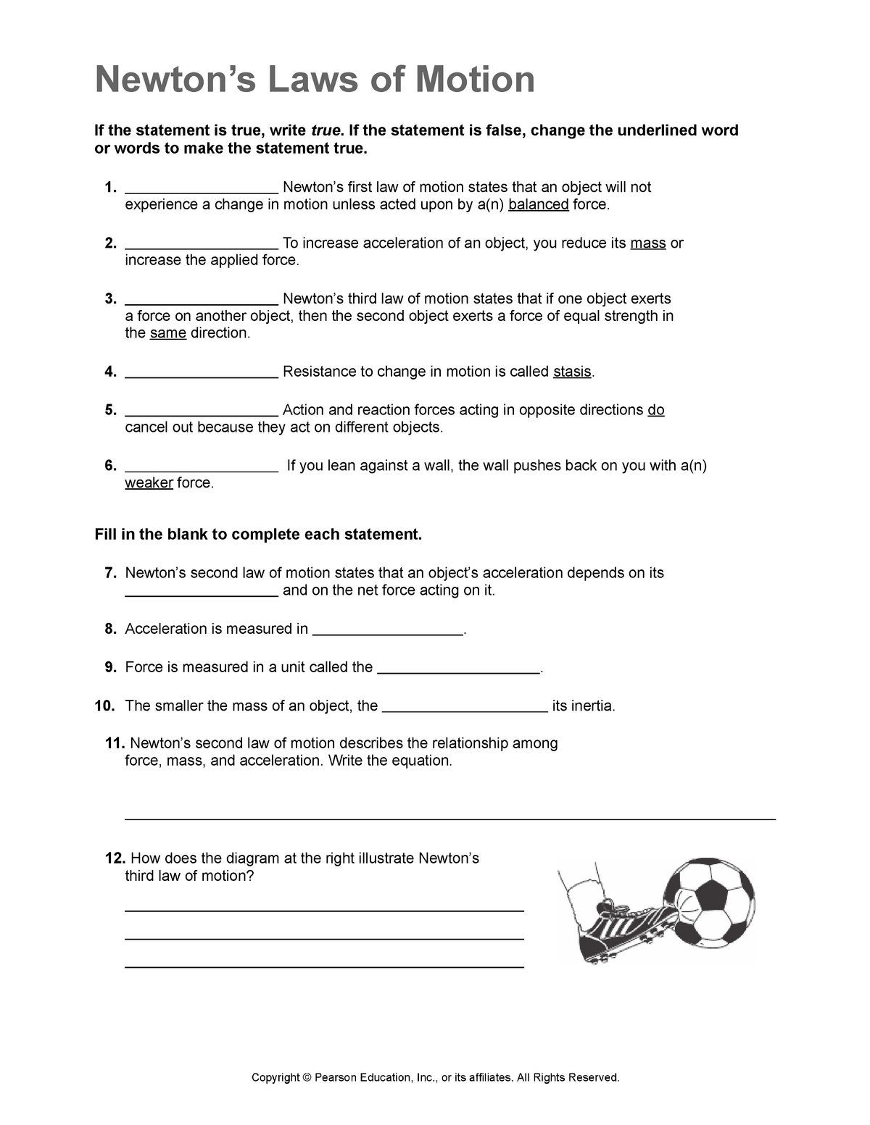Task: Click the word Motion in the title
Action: (x=475, y=80)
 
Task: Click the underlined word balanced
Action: (x=539, y=205)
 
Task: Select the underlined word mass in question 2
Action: (x=648, y=243)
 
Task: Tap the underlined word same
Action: (x=168, y=333)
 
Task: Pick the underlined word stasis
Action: (x=572, y=372)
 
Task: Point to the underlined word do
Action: (x=655, y=410)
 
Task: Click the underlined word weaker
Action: (x=149, y=483)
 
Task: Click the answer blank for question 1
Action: (x=202, y=190)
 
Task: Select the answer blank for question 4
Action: (x=202, y=375)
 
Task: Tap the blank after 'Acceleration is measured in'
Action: (x=387, y=632)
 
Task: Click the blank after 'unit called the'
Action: (x=459, y=670)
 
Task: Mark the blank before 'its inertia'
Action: (x=464, y=708)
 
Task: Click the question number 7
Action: (x=110, y=573)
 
